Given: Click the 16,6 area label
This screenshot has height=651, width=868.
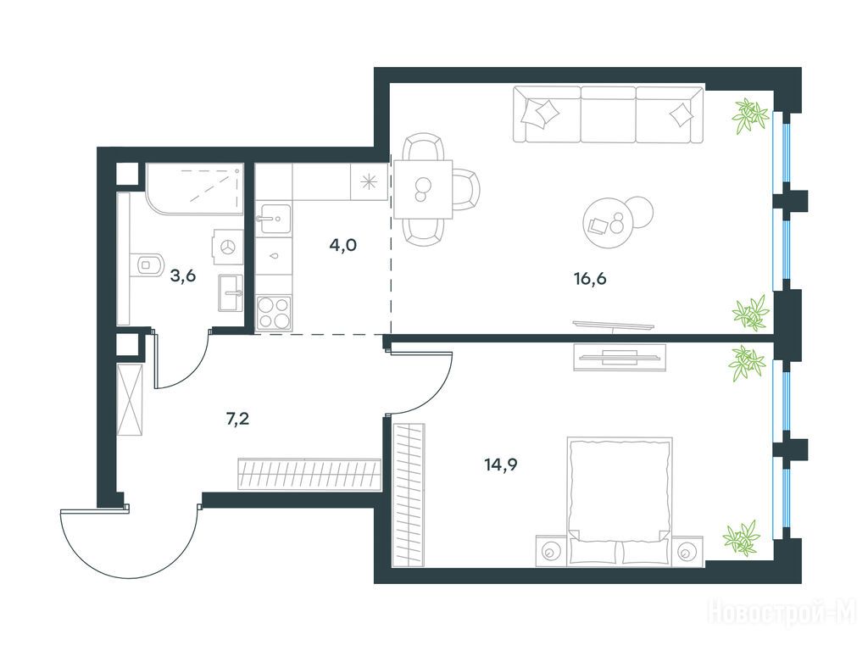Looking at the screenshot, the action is point(590,278).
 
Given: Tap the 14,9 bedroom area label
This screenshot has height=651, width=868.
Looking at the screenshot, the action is point(501,465).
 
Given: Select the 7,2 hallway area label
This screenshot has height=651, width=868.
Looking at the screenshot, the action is point(237,419).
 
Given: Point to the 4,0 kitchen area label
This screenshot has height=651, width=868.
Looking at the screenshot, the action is point(342,244).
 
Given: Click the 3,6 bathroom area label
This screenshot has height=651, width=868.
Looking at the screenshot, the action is point(183,275).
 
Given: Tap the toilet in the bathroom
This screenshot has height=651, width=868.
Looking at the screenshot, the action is point(147,264).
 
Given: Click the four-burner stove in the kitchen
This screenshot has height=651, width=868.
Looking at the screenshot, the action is point(274,313).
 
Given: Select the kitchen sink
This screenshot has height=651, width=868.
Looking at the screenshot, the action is point(273,218).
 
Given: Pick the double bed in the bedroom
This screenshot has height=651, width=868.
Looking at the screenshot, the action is point(620,501).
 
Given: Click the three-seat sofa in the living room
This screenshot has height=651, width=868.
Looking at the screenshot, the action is point(609,114).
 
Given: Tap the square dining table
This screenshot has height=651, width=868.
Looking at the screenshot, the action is point(423,189).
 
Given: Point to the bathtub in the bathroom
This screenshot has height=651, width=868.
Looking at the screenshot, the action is point(195,188).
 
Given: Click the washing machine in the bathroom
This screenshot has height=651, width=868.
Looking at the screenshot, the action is point(227,247).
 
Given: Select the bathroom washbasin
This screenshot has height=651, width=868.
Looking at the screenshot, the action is point(231,292).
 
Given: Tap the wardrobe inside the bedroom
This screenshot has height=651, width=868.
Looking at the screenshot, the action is point(409,495).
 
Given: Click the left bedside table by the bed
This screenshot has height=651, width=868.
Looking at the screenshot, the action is point(551,551).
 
